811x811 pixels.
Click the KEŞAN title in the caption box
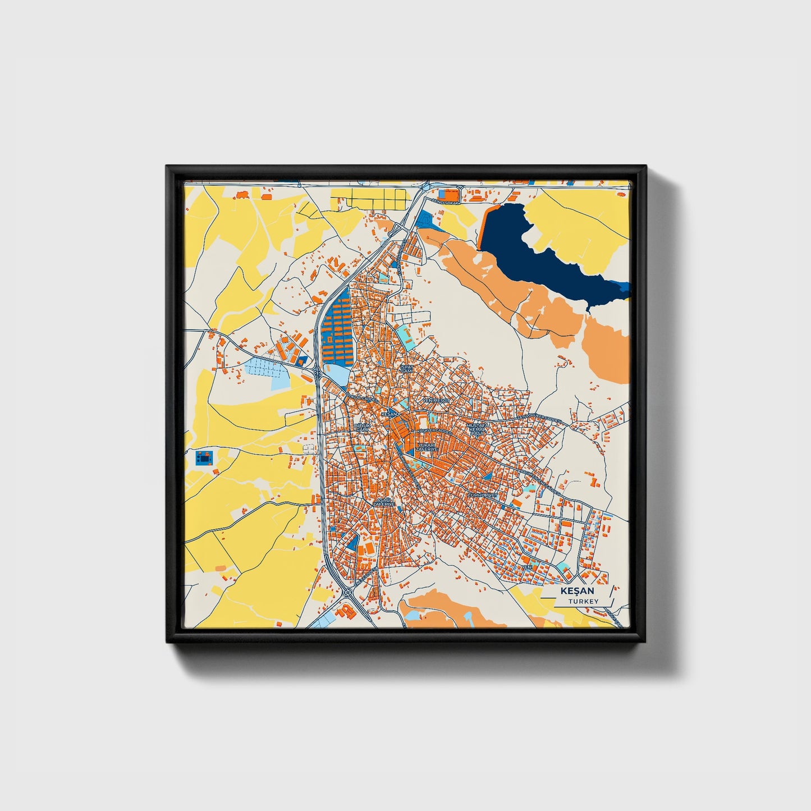(577, 591)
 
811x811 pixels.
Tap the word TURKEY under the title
(583, 601)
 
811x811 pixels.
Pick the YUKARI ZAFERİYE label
(427, 447)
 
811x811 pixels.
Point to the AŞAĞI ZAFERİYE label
(383, 501)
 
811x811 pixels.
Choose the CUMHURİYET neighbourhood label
(482, 496)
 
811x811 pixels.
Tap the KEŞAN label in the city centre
(388, 414)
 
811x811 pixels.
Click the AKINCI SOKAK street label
(446, 201)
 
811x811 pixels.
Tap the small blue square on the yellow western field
(205, 457)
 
